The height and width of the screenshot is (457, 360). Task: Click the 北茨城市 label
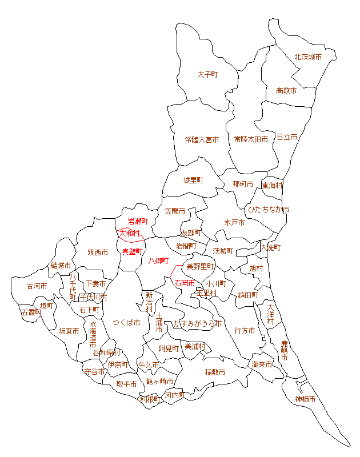pos(308,57)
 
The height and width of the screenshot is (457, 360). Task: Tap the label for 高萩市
pos(286,91)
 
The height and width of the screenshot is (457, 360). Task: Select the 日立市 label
pos(287,137)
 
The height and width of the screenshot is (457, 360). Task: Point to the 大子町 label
pos(208,75)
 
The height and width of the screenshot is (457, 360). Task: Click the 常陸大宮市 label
pos(202,139)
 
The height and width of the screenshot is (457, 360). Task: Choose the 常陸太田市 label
pos(251,139)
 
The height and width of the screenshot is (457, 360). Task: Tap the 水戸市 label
pos(234,223)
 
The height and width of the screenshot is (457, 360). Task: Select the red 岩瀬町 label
pos(137,221)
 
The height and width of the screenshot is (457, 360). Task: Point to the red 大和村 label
pos(129,233)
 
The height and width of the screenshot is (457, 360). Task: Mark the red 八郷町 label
pos(159,261)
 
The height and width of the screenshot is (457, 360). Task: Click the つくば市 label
pos(126,323)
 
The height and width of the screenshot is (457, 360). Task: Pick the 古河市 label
pos(37,286)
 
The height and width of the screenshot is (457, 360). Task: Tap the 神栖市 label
pos(305,399)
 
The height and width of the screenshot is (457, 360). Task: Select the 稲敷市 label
pos(215,372)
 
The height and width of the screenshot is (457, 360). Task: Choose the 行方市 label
pos(245,330)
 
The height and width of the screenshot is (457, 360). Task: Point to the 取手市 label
pos(126,384)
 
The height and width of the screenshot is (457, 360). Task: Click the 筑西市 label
pos(98,252)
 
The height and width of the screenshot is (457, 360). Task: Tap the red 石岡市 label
pos(185,283)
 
